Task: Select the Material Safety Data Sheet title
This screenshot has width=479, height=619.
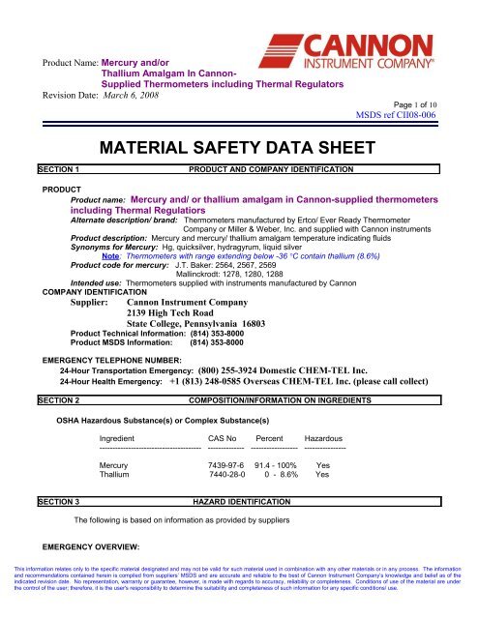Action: pos(240,150)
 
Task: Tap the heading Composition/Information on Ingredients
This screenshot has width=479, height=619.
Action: pos(297,398)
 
